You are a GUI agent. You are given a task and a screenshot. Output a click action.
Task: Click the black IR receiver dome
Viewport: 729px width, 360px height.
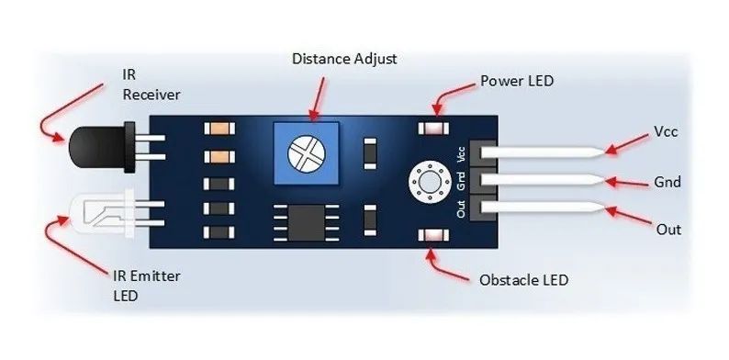pos(86,141)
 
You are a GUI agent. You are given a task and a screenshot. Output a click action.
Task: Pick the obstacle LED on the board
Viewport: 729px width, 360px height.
pos(429,238)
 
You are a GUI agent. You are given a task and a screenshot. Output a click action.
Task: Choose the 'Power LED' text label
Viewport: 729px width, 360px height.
pos(517,81)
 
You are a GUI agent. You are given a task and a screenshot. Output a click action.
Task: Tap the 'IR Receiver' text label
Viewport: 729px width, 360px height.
pos(151,84)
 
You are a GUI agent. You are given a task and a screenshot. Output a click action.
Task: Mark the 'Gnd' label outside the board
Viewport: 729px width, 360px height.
pos(667,182)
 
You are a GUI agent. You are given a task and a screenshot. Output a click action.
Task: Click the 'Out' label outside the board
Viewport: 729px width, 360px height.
pos(667,229)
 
